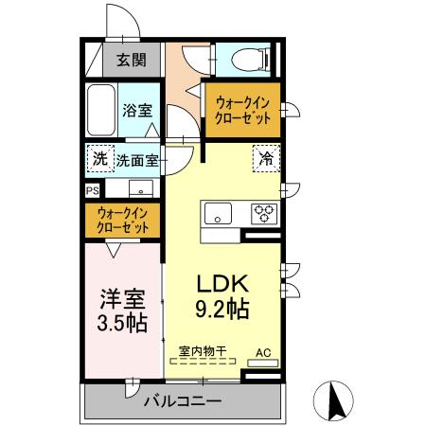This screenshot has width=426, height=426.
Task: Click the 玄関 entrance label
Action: tap(132, 60)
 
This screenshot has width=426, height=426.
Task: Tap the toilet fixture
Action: tap(248, 59)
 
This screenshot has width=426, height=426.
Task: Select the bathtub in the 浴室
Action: tap(100, 111)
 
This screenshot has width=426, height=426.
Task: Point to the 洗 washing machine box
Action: tap(99, 159)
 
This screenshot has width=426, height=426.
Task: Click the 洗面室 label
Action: tap(137, 160)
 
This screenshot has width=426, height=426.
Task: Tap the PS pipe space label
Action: tap(92, 189)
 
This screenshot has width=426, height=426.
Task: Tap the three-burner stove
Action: tap(262, 212)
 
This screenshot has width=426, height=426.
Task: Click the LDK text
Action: tap(222, 283)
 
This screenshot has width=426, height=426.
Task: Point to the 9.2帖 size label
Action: tap(223, 309)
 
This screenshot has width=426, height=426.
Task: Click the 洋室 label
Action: tap(123, 299)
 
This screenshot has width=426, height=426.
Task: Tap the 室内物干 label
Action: tap(203, 350)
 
